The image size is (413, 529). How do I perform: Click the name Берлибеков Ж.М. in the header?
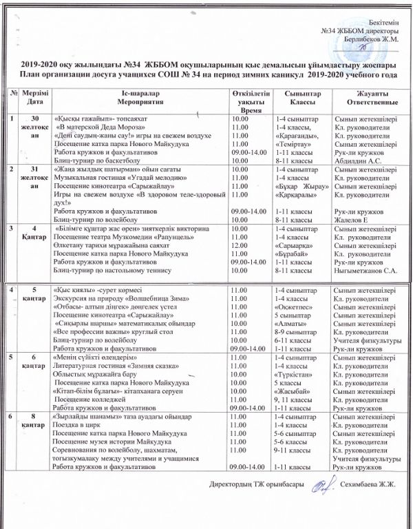[x=371, y=39]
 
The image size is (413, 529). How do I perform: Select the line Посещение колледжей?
[x=90, y=400]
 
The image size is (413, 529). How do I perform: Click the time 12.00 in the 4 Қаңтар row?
[x=240, y=245]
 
